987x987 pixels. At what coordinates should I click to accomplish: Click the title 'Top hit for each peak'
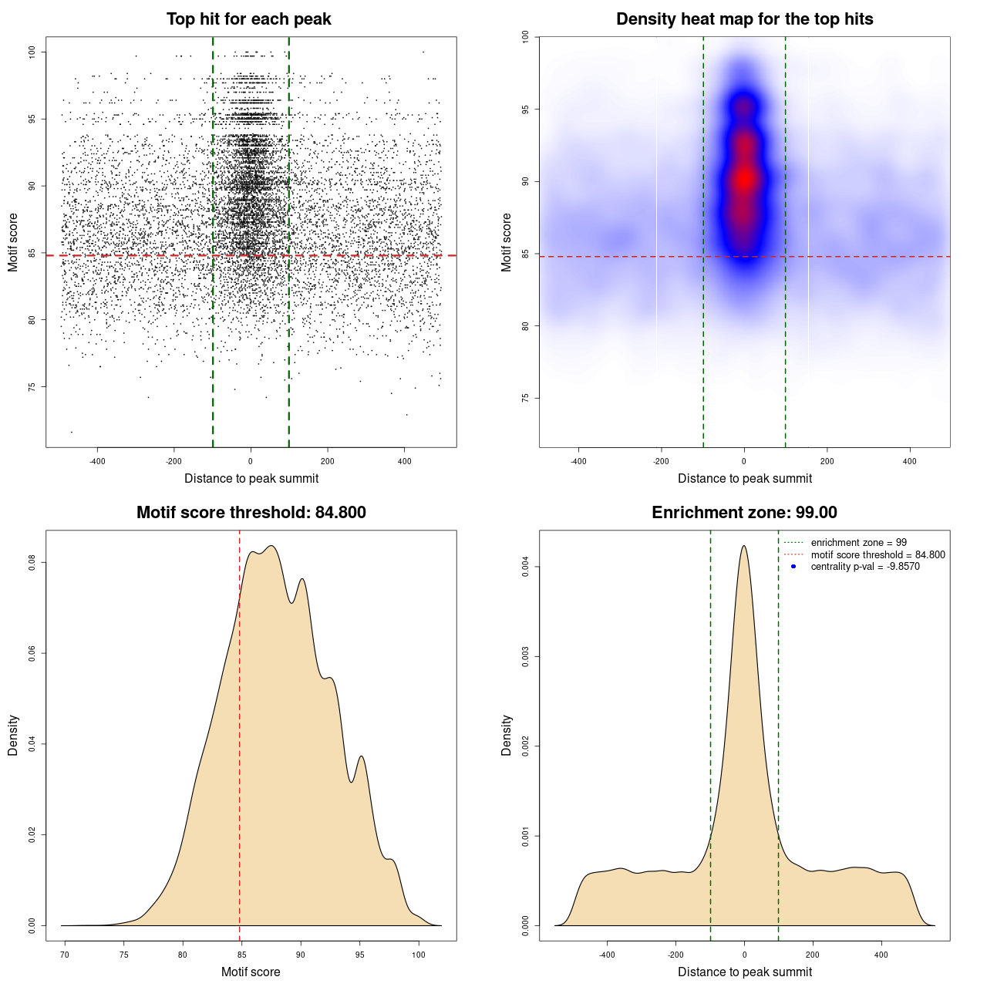(x=249, y=19)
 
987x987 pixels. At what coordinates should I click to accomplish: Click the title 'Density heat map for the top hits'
(x=744, y=19)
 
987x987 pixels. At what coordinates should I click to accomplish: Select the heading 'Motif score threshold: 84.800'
(x=251, y=513)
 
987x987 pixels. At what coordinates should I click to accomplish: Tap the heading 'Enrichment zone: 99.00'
(x=744, y=513)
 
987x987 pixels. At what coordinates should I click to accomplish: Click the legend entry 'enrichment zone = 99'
(x=858, y=543)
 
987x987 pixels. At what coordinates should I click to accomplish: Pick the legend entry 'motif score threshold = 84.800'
(x=878, y=554)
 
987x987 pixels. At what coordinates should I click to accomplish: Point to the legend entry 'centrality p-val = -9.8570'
(x=865, y=567)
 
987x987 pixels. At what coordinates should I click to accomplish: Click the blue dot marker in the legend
(x=793, y=567)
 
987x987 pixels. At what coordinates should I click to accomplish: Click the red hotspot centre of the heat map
(x=744, y=179)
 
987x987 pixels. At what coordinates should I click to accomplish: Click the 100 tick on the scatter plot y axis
(x=32, y=52)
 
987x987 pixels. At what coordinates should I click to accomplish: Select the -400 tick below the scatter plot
(x=97, y=461)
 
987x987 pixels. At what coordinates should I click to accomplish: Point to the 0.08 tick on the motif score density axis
(x=32, y=563)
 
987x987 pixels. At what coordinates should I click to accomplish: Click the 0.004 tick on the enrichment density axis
(x=525, y=568)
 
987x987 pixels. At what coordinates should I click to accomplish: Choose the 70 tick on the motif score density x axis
(x=65, y=955)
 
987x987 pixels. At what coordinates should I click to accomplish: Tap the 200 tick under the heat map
(x=827, y=461)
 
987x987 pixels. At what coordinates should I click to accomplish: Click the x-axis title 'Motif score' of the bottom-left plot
(x=251, y=972)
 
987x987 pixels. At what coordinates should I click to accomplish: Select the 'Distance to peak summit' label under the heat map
(x=744, y=478)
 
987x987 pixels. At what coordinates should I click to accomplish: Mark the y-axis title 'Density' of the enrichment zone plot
(x=507, y=735)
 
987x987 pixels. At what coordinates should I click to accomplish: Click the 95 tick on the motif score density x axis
(x=359, y=955)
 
